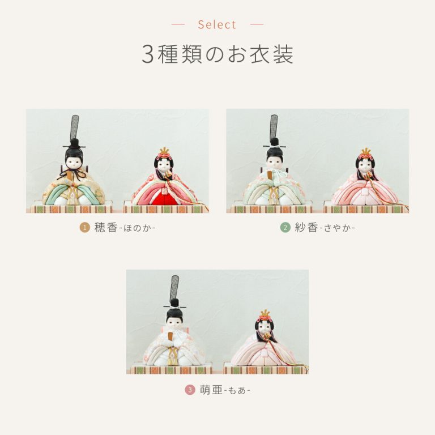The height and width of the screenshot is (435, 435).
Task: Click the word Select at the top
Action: click(217, 25)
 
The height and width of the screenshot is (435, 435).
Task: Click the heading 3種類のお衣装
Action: click(217, 54)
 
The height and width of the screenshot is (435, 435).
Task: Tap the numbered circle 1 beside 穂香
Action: click(84, 228)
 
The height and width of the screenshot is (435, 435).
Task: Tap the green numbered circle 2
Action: click(285, 228)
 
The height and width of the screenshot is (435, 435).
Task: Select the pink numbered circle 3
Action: click(190, 390)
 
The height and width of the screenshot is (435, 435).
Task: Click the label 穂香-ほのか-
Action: click(125, 228)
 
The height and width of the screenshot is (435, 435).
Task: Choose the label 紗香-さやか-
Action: click(325, 228)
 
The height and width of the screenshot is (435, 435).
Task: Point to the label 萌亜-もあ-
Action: click(225, 390)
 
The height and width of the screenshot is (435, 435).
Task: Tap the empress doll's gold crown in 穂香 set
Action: click(164, 151)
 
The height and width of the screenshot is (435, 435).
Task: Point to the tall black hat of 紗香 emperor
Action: click(274, 131)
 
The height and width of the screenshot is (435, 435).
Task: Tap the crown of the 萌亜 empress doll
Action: click(265, 313)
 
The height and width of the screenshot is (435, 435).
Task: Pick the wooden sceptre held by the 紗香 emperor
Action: click(270, 176)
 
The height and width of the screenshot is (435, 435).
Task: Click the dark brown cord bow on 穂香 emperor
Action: click(74, 173)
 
